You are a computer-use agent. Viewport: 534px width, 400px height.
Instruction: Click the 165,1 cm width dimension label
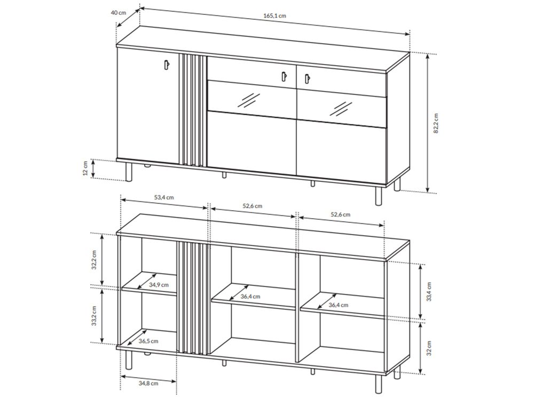point(274,15)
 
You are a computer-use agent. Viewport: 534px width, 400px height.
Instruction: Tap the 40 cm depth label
point(119,13)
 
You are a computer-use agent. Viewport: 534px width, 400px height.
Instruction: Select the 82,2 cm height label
point(436,123)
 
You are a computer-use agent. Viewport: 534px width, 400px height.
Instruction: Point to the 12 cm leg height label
point(85,168)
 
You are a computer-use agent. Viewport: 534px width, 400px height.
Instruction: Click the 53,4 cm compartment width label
point(164,197)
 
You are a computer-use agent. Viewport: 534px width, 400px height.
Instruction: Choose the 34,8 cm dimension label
point(148,383)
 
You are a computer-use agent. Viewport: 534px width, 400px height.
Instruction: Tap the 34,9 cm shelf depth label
point(159,285)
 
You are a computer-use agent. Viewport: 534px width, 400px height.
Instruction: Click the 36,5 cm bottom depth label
point(148,341)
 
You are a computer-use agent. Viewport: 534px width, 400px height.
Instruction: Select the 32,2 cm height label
point(95,260)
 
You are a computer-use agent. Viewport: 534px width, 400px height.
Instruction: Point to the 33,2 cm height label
point(95,316)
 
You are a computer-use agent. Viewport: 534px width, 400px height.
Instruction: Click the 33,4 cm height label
point(429,292)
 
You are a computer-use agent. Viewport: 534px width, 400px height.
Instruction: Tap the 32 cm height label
point(429,348)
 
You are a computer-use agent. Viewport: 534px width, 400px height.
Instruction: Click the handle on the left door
point(166,65)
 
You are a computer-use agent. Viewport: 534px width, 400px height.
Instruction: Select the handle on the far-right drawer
point(307,79)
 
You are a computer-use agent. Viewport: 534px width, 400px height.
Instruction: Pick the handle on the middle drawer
point(284,77)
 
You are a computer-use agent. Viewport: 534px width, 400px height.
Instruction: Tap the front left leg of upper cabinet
point(129,172)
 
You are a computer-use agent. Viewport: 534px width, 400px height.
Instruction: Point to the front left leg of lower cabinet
point(129,359)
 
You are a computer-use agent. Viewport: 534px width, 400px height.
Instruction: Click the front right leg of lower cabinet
point(379,383)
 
